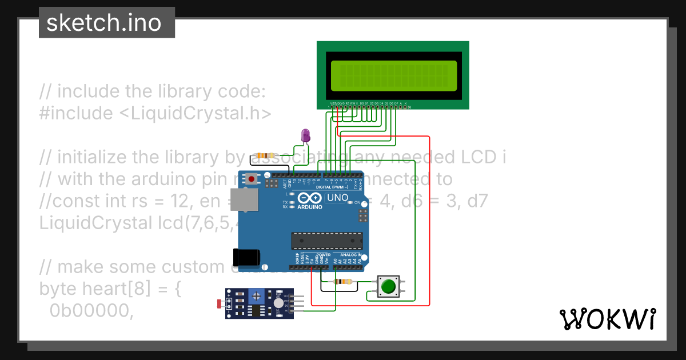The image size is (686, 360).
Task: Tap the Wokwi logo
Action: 607,319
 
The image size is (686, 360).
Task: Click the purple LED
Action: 306,135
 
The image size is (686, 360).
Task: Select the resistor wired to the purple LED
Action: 265,155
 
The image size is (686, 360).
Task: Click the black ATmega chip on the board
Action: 326,241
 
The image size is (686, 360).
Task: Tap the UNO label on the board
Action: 337,198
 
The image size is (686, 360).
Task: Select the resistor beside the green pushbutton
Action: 343,281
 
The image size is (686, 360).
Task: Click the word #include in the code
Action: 76,113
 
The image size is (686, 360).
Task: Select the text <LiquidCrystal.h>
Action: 195,113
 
